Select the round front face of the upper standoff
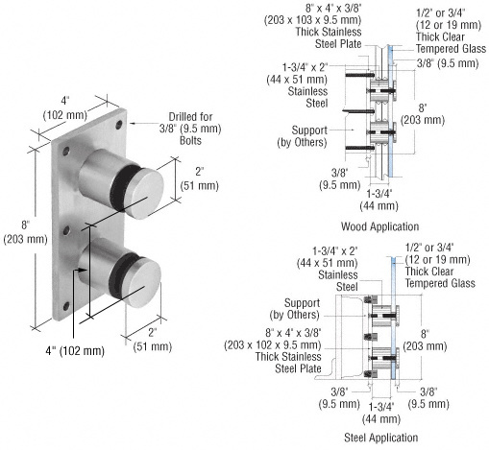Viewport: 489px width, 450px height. tap(144, 198)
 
